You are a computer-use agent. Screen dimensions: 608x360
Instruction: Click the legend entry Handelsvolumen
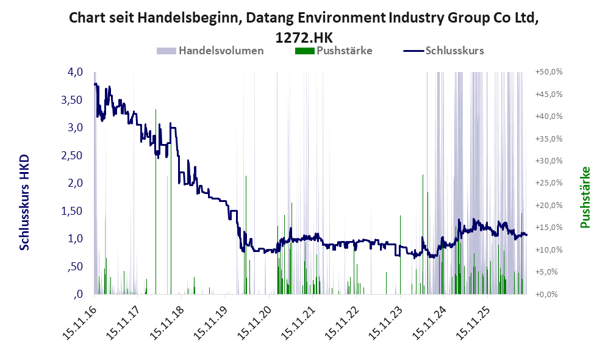click(x=210, y=51)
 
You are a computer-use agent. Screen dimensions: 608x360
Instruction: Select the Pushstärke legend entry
click(x=334, y=51)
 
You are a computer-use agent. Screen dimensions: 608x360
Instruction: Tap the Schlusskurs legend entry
click(x=443, y=51)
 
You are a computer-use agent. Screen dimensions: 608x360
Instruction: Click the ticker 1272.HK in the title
click(x=304, y=38)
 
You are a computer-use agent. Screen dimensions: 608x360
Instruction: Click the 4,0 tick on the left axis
click(x=75, y=72)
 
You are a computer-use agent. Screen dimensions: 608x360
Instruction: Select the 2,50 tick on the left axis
click(x=72, y=156)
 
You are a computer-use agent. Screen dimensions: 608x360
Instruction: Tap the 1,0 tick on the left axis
click(x=76, y=239)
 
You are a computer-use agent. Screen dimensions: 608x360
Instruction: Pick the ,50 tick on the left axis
click(x=75, y=267)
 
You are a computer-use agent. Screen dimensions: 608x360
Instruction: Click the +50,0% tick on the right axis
click(x=549, y=72)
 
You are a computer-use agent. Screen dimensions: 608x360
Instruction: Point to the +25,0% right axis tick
click(x=549, y=183)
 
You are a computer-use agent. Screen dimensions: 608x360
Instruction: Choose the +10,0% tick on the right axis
click(x=549, y=250)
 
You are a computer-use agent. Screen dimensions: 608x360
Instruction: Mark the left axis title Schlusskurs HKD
click(x=24, y=203)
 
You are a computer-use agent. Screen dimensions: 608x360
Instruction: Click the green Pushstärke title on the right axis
click(x=585, y=198)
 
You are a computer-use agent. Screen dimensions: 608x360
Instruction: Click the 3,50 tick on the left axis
click(x=72, y=100)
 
